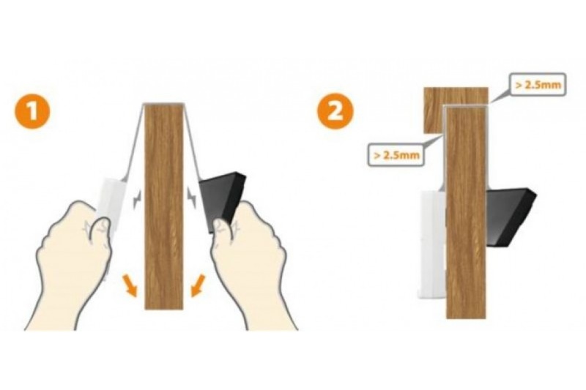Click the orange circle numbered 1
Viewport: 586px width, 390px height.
(32, 110)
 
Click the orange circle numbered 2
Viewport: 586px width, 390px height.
(335, 110)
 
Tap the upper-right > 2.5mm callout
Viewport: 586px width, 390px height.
(537, 85)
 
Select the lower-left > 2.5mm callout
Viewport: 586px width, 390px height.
(396, 154)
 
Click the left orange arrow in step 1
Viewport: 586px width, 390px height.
(130, 286)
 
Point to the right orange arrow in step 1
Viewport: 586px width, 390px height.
(198, 286)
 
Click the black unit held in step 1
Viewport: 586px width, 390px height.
(222, 201)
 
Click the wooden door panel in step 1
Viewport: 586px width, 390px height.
(164, 206)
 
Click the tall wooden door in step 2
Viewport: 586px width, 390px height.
(467, 213)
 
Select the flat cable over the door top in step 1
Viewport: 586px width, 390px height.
(164, 104)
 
